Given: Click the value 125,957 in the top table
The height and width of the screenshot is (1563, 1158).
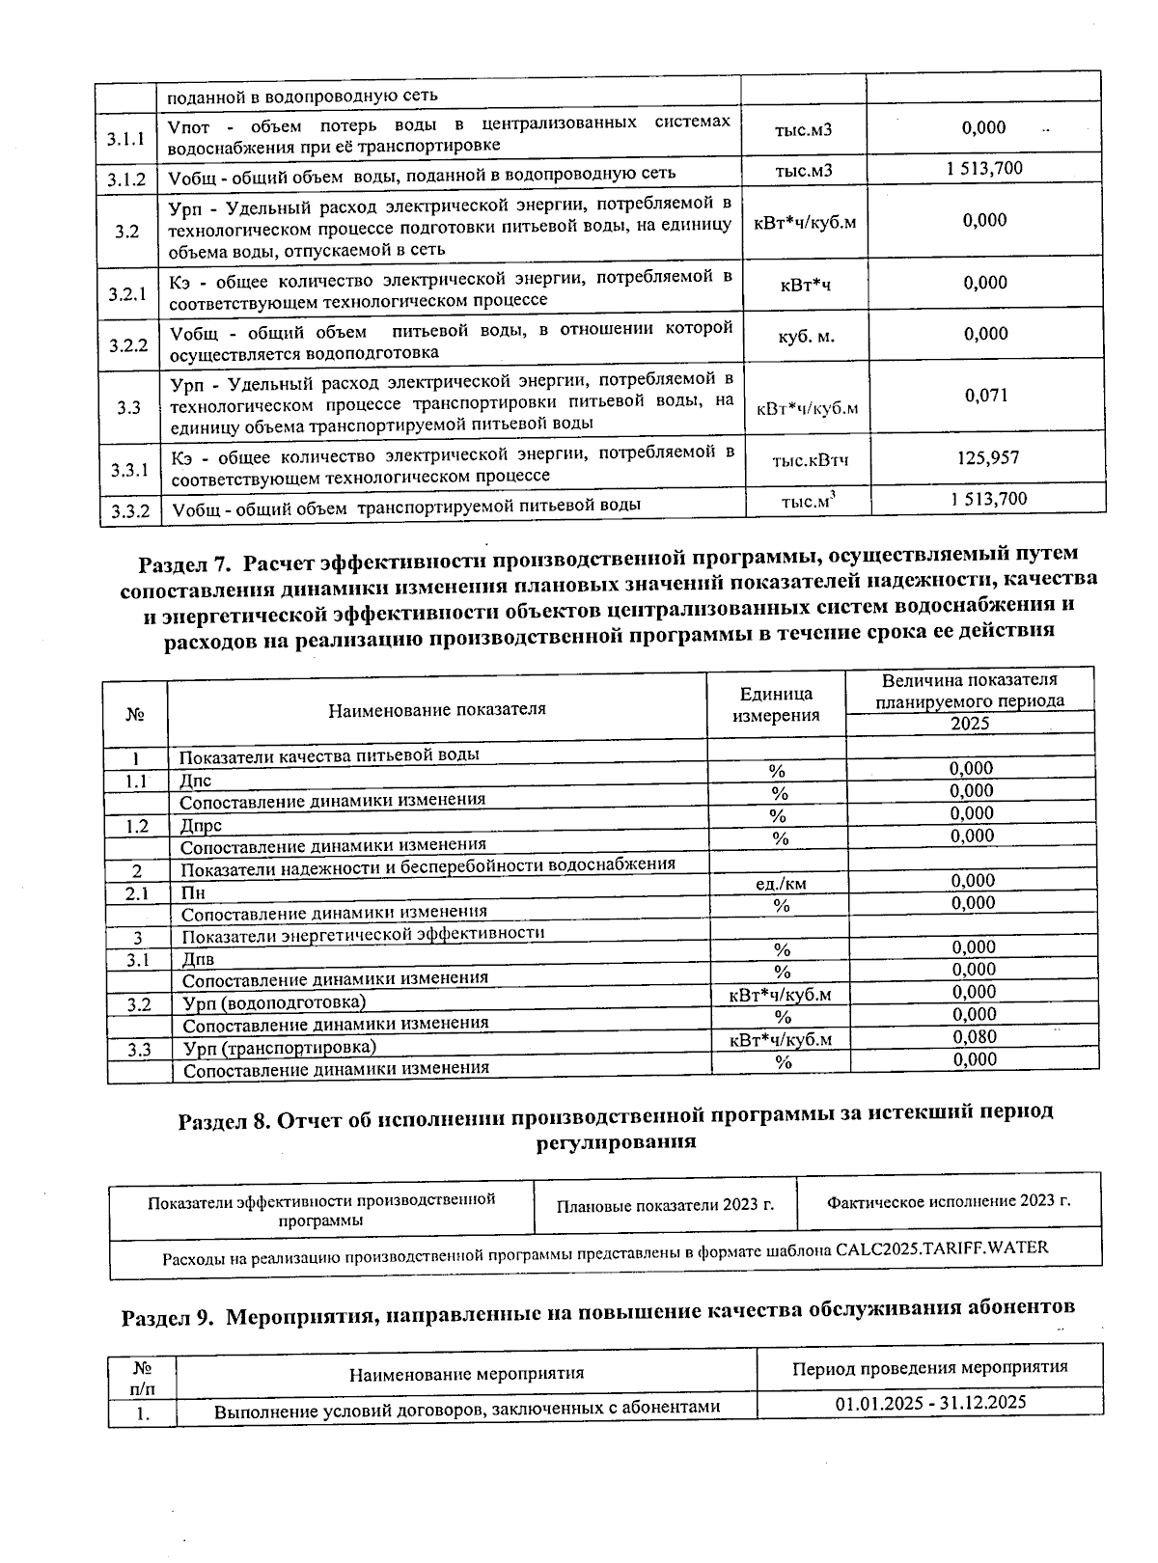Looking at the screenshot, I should (987, 458).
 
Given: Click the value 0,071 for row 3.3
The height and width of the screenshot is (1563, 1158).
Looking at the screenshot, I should (984, 395).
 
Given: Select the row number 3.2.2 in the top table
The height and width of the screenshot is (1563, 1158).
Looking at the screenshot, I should (127, 344).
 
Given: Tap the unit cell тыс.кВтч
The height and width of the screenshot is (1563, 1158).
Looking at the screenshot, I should (810, 460).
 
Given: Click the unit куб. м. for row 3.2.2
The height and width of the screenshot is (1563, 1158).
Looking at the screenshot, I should (806, 337).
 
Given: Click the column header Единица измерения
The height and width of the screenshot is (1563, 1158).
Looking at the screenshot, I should (776, 704).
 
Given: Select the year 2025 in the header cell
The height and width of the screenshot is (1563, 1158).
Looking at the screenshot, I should (970, 724).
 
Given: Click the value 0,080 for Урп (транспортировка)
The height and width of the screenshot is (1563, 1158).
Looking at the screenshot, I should (975, 1037).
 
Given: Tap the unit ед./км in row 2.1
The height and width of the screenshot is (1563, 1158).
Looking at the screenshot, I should (781, 883).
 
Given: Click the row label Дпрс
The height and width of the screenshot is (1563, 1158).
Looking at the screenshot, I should (202, 826).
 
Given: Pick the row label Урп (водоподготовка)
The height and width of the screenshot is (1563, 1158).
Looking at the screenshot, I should (275, 1002).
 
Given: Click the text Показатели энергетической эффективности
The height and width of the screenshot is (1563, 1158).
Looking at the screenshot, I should (363, 934).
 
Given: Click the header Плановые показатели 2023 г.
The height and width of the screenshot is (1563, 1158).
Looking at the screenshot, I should (666, 1205).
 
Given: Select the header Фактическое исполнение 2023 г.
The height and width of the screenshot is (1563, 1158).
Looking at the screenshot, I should (950, 1201).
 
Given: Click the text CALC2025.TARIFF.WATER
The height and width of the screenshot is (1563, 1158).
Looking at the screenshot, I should (941, 1248).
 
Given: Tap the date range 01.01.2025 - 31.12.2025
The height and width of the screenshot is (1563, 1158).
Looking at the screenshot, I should (930, 1402).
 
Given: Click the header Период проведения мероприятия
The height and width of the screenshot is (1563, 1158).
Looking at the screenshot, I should (929, 1367).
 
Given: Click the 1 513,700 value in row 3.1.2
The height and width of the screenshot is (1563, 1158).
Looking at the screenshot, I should (984, 169).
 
